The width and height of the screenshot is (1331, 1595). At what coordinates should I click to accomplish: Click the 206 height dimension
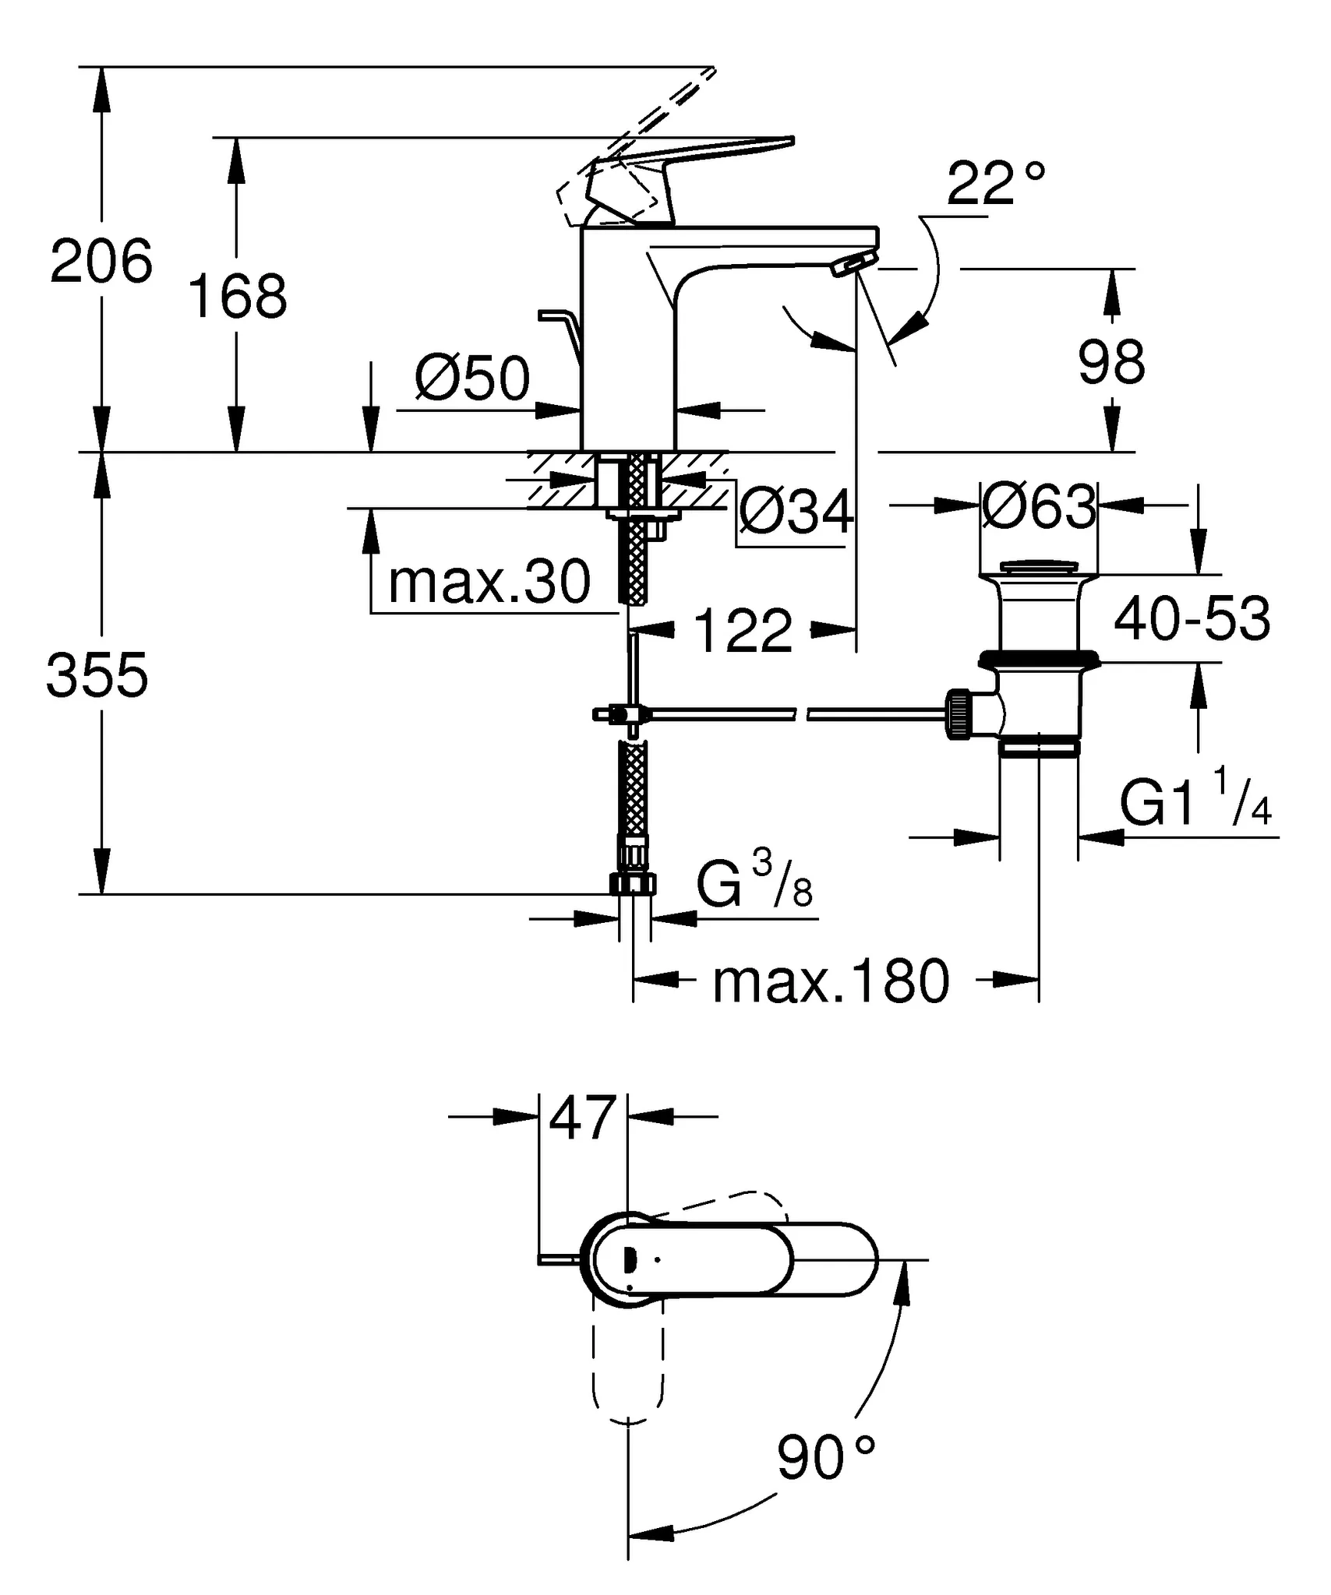click(x=101, y=262)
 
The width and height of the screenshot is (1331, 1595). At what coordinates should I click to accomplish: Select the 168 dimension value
click(x=238, y=297)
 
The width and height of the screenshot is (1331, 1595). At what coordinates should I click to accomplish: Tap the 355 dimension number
click(x=97, y=675)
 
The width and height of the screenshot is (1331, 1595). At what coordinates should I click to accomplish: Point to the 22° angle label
click(x=995, y=184)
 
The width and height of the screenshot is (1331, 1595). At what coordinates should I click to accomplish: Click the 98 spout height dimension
click(x=1111, y=362)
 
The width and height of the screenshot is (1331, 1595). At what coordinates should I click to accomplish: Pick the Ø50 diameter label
click(x=472, y=379)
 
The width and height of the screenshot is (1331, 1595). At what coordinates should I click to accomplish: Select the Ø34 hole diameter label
click(x=795, y=513)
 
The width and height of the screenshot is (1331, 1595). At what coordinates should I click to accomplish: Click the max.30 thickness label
click(x=489, y=582)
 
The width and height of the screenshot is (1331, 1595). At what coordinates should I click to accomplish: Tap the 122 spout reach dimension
click(x=742, y=630)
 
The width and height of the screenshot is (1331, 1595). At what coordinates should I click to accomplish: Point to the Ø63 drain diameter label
click(x=1039, y=507)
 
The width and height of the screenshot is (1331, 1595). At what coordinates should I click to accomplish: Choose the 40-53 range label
click(x=1192, y=619)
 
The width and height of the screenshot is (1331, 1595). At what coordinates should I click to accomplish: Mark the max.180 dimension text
click(x=831, y=982)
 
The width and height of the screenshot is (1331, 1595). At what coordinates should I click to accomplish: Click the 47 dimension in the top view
click(x=583, y=1118)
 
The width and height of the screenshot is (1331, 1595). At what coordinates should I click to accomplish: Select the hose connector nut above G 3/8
click(x=633, y=883)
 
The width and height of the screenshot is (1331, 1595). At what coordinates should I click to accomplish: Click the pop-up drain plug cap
click(x=1039, y=566)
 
